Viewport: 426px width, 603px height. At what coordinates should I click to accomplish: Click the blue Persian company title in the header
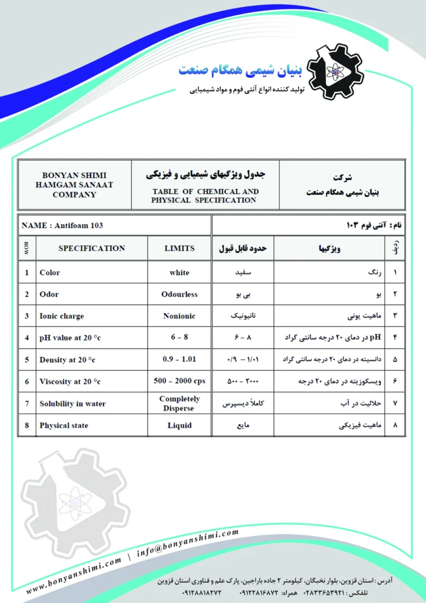(x=240, y=71)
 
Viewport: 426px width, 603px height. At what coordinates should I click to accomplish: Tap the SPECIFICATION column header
(x=92, y=249)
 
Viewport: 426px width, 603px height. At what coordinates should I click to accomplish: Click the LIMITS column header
(x=179, y=249)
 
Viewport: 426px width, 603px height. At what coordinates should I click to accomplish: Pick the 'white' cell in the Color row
(x=179, y=273)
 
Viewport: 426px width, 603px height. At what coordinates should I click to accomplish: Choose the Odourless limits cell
(x=179, y=294)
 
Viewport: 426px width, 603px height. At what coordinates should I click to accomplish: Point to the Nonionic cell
(x=179, y=316)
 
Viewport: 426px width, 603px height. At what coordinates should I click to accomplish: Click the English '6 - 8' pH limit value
(x=179, y=338)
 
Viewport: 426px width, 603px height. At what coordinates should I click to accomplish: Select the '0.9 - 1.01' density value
(x=179, y=359)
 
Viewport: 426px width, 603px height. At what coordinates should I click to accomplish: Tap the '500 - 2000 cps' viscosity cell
(x=179, y=381)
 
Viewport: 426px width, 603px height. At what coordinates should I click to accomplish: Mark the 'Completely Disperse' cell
(x=179, y=403)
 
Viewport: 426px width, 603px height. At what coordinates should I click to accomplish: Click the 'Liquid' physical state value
(x=179, y=425)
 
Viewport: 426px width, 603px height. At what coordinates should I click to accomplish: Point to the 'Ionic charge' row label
(x=62, y=316)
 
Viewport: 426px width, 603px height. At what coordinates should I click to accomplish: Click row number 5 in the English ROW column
(x=26, y=360)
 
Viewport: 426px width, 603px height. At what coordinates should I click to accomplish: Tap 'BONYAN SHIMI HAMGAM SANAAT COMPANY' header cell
(x=75, y=184)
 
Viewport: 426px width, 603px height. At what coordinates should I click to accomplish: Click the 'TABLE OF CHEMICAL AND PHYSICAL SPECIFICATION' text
(x=205, y=196)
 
